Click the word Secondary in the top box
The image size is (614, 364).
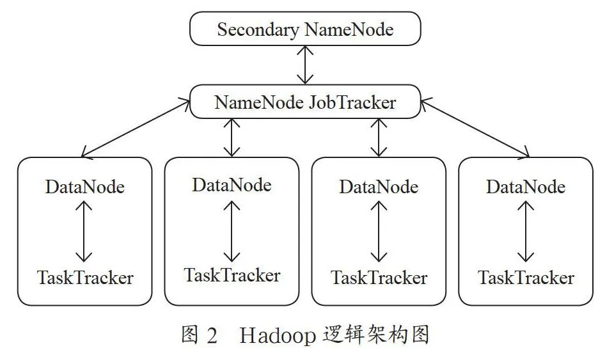point(258,30)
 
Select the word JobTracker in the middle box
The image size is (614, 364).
point(352,102)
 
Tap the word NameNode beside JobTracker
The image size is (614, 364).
point(259,102)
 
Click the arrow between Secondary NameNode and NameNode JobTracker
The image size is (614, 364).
point(305,65)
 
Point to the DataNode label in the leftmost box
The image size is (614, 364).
point(85,187)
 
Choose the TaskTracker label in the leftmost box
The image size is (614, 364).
point(85,278)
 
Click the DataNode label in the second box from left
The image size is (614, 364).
point(232,185)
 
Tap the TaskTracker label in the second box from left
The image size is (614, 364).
point(232,275)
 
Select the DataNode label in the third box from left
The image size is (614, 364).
point(379,187)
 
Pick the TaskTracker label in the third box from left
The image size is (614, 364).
point(379,278)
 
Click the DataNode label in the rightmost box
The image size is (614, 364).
point(526,187)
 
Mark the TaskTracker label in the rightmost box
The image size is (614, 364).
point(526,278)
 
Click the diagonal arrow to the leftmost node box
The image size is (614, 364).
point(136,128)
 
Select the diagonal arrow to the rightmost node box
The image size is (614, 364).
point(475,128)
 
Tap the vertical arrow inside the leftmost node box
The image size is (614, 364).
point(84,231)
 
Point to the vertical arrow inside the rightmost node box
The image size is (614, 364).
point(526,231)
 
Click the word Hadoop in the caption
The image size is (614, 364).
point(278,336)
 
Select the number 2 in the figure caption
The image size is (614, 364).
point(212,335)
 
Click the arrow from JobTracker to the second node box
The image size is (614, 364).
point(232,138)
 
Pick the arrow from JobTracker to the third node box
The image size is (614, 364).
point(379,138)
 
